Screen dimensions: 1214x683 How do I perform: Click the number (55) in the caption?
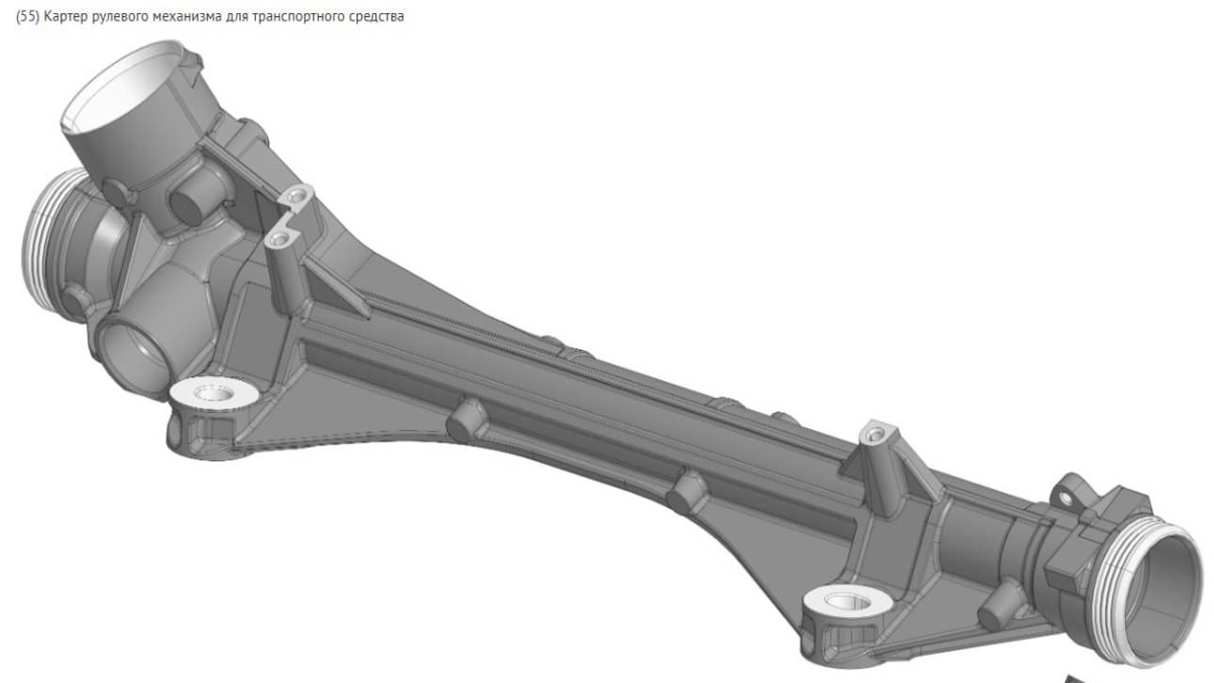[27, 17]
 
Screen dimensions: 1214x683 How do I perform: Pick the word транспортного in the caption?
[277, 17]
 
